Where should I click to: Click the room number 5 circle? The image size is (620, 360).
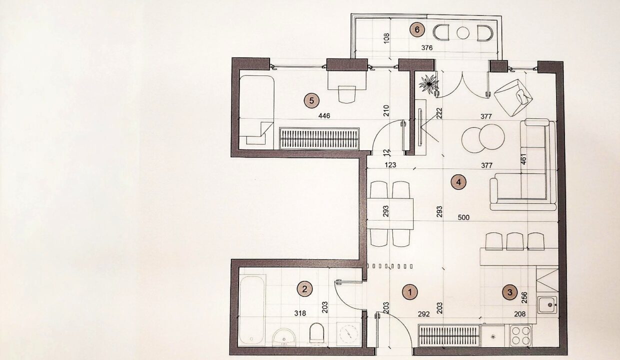tap(311, 100)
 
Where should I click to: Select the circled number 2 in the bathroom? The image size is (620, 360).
tap(304, 289)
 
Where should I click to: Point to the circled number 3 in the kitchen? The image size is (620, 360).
tap(510, 292)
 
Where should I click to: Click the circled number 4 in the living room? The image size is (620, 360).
tap(458, 182)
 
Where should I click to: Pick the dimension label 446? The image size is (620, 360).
tap(324, 115)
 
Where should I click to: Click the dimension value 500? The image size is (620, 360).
tap(463, 217)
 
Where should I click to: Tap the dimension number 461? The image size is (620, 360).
tap(523, 159)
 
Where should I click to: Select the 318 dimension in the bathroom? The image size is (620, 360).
tap(300, 313)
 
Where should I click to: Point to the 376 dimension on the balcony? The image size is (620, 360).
tap(427, 48)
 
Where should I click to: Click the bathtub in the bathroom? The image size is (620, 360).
tap(252, 309)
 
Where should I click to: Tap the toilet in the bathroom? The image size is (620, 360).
tap(316, 333)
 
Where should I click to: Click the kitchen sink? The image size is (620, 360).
tap(547, 305)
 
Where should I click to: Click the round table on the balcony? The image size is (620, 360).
tap(463, 33)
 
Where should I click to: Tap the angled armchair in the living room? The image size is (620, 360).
tap(513, 97)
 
